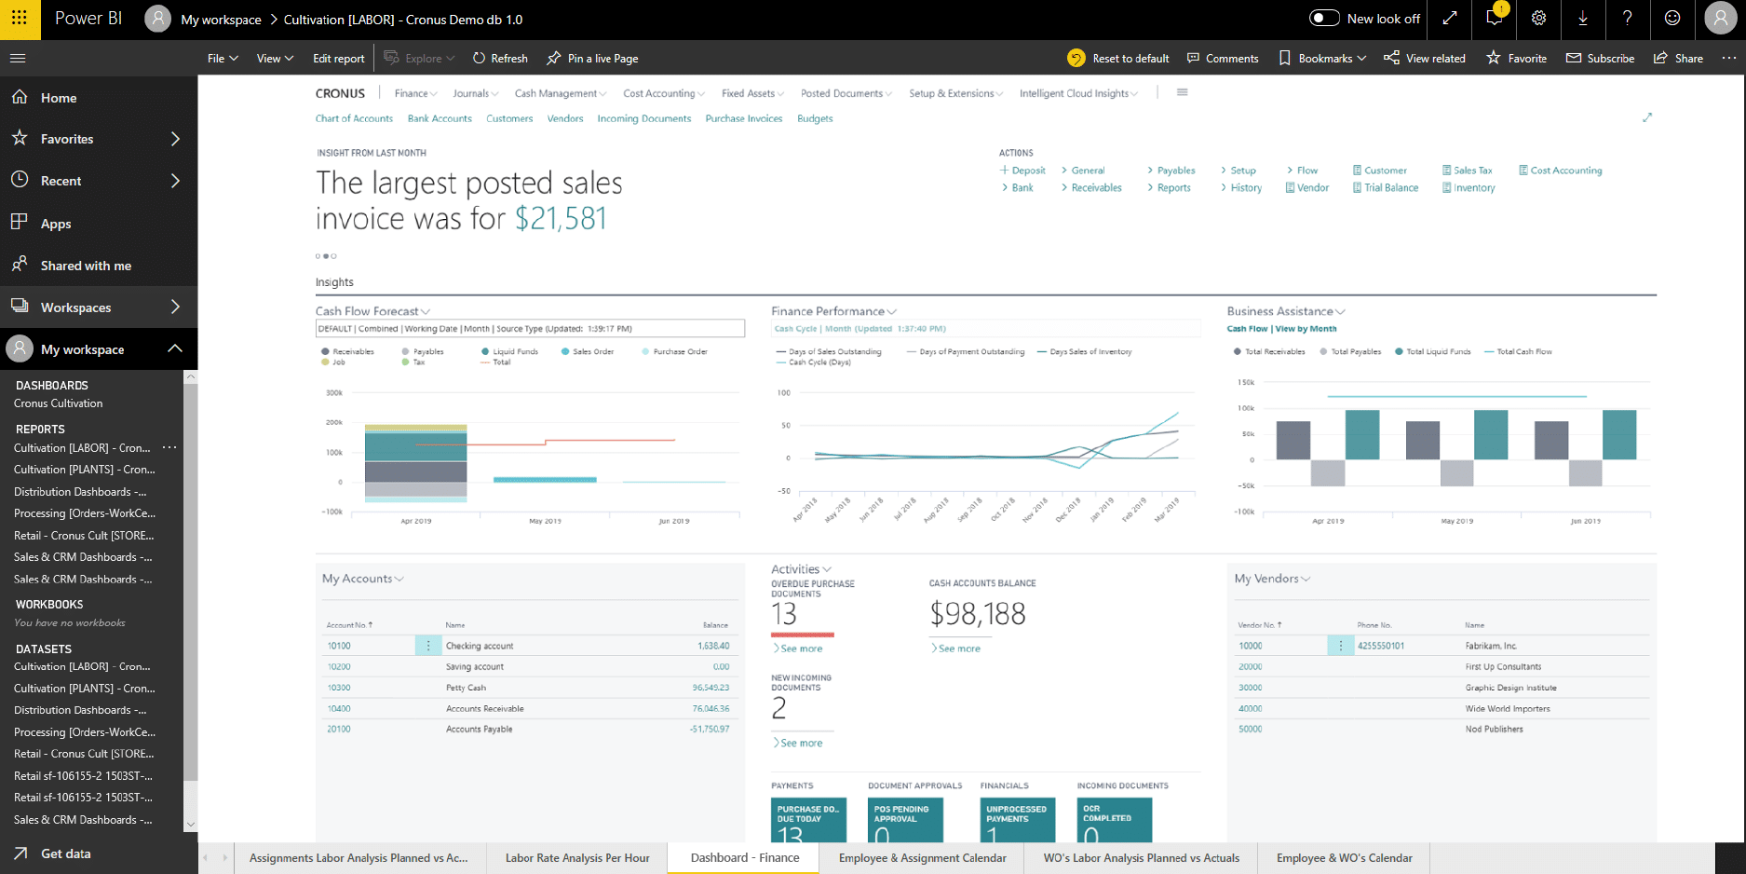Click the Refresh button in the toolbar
[500, 58]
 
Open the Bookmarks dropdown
[1323, 58]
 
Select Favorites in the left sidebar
[67, 139]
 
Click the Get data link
[65, 854]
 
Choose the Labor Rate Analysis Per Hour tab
[577, 858]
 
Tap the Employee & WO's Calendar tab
[1344, 858]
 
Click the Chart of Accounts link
[354, 118]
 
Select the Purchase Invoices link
[743, 118]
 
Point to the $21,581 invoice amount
[561, 219]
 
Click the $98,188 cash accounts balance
[977, 614]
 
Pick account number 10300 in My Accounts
[339, 688]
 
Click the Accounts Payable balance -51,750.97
[710, 730]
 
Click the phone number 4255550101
[1381, 646]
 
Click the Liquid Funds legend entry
[514, 351]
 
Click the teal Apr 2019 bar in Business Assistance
[1362, 434]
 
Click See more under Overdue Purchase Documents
[801, 649]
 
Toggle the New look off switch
[1324, 18]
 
